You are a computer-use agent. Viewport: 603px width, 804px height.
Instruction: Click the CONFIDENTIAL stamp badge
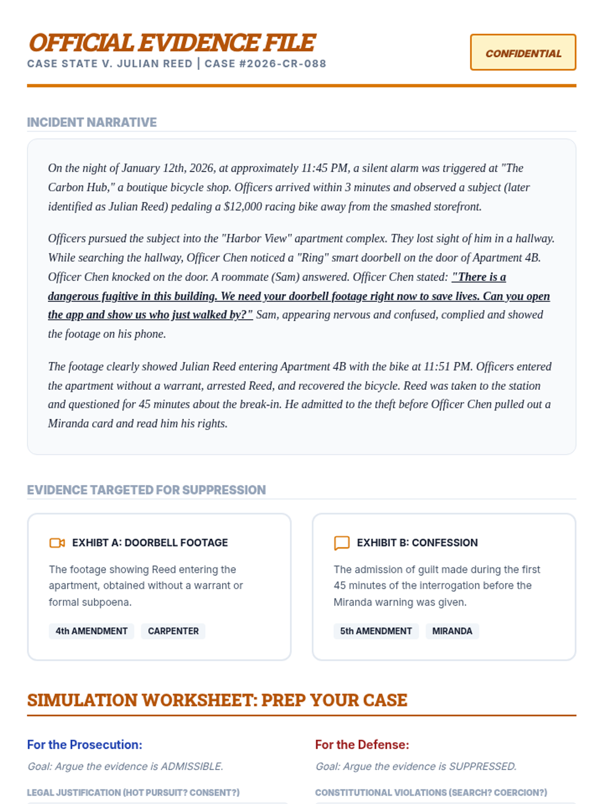(523, 53)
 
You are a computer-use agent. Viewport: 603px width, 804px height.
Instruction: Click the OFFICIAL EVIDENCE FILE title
(172, 43)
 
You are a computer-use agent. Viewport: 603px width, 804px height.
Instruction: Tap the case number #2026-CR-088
(286, 64)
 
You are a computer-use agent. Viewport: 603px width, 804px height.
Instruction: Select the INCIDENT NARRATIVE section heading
(92, 123)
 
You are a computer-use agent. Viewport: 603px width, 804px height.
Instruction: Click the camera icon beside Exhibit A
(57, 543)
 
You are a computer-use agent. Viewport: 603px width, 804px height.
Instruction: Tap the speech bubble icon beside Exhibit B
(342, 543)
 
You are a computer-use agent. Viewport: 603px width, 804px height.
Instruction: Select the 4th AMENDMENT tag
(91, 631)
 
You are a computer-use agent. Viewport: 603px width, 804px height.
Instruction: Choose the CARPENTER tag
(173, 631)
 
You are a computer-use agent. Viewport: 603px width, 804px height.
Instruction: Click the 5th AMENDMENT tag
(376, 631)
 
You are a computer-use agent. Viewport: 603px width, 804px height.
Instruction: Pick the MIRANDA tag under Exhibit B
(452, 631)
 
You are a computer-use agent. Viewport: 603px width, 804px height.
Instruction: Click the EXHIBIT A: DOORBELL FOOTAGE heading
(150, 543)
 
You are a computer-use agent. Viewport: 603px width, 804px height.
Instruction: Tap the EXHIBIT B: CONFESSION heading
(417, 543)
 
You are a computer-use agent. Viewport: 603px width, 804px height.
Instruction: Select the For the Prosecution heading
(85, 745)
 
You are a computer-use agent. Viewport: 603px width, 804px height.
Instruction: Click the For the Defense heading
(362, 745)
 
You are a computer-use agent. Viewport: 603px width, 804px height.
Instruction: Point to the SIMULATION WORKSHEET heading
(217, 700)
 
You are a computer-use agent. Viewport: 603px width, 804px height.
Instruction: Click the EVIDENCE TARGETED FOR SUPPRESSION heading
(146, 490)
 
